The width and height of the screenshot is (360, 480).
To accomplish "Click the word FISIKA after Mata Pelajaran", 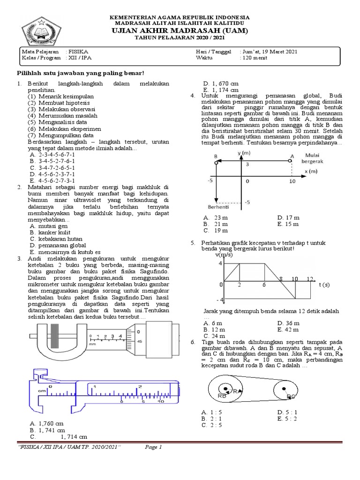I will [79, 51].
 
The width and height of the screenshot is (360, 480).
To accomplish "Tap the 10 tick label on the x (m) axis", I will [292, 180].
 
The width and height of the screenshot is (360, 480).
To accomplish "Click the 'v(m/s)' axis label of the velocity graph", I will [224, 255].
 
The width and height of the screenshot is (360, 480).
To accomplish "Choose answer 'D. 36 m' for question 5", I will [288, 323].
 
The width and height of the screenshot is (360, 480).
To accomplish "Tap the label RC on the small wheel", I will [291, 396].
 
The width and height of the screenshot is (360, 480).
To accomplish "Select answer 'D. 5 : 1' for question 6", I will [288, 412].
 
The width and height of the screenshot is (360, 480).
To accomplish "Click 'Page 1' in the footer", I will [153, 447].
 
